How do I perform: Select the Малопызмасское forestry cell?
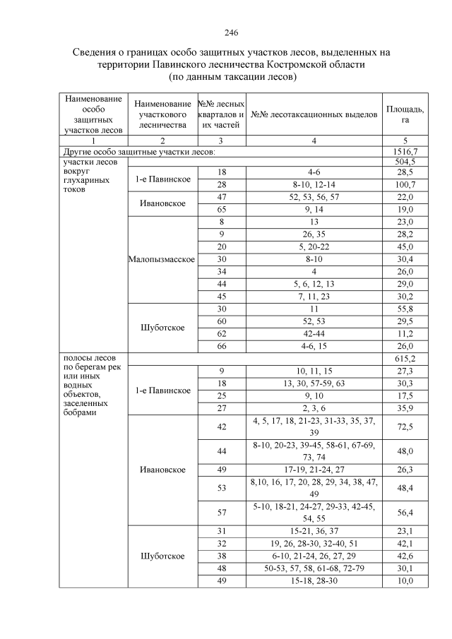pyautogui.click(x=162, y=259)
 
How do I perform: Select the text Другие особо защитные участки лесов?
pyautogui.click(x=138, y=151)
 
